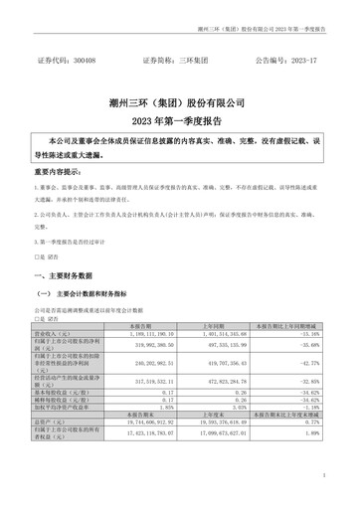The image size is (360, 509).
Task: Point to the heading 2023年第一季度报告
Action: tap(180, 121)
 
